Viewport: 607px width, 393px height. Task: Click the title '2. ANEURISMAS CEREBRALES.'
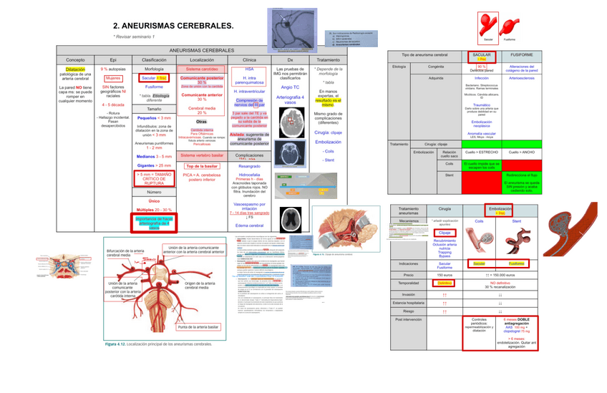click(x=173, y=26)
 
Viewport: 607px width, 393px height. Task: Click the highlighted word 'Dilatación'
click(x=75, y=69)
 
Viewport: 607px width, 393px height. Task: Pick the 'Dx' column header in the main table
click(x=290, y=59)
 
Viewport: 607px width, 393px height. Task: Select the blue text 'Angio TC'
click(x=290, y=87)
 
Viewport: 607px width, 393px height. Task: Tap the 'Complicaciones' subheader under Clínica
click(x=250, y=155)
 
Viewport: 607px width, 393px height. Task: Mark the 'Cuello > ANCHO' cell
click(x=521, y=152)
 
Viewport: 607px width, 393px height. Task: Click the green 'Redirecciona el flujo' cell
click(x=521, y=173)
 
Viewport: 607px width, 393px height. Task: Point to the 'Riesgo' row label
click(x=408, y=311)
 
